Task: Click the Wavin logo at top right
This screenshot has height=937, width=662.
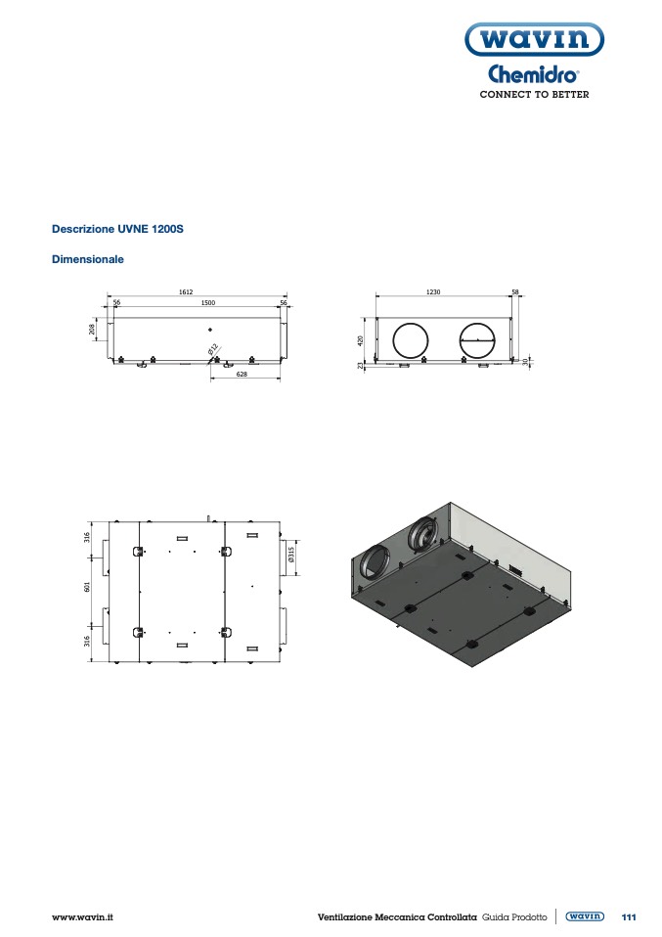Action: [534, 39]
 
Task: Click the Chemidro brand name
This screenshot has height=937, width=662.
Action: [534, 74]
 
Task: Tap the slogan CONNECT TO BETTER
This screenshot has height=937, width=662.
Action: [534, 95]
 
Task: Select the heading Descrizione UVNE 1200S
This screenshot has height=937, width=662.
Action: [117, 229]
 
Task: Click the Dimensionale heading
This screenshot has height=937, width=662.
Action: [88, 259]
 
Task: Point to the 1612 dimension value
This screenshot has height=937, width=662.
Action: [186, 292]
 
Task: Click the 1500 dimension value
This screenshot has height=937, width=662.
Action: [208, 303]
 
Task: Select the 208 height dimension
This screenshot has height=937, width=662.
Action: [92, 330]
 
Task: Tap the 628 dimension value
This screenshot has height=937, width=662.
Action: [242, 374]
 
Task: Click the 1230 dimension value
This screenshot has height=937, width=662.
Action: [433, 292]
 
